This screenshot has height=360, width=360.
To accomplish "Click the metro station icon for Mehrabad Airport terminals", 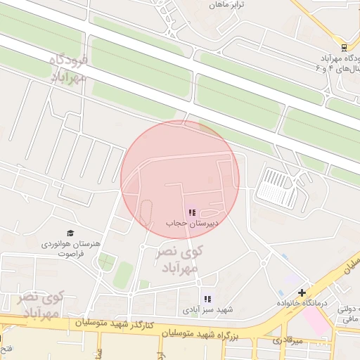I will pos(344,48).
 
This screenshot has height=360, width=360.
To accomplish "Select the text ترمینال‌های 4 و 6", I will pos(342,68).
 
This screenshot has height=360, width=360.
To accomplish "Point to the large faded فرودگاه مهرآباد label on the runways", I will pos(70,69).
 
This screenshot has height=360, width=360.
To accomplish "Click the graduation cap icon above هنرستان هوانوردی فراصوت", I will pos(70,233).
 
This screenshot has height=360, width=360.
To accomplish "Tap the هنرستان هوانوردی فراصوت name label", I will pos(71,247).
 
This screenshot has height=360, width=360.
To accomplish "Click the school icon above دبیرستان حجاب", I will pos(192,212).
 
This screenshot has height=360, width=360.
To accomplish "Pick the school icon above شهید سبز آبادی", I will pos(207,299).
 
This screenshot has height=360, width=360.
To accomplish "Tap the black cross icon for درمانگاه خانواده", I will pos(302,292).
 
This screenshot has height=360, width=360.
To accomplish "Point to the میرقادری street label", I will pos(288,341).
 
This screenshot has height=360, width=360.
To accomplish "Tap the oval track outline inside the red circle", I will pos(147,212).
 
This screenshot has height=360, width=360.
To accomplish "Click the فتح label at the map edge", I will pos(4,348).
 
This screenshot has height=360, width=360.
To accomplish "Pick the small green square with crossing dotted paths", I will pos(106,263).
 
